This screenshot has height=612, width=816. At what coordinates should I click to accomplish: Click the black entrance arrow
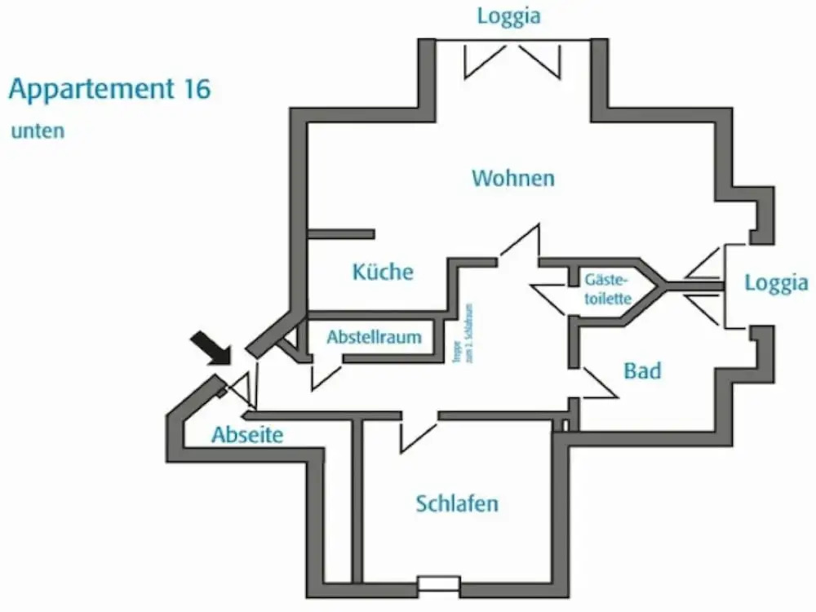pos(211,347)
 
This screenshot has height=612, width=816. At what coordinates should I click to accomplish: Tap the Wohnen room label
pos(513,178)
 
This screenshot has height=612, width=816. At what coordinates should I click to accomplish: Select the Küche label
pos(383,272)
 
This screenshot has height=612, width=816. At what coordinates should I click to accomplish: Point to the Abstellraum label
pos(374,337)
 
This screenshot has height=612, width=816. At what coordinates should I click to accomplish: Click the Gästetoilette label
pos(608,289)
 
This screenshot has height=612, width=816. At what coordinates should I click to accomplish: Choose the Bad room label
pos(642,371)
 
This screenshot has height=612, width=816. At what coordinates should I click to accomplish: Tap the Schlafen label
pos(457,503)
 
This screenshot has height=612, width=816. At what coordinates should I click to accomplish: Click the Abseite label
pos(247,435)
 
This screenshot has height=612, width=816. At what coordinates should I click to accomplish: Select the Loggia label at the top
pos(509,16)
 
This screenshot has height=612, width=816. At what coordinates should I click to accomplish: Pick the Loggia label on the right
pos(776,283)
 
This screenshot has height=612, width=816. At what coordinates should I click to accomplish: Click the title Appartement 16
pos(110,89)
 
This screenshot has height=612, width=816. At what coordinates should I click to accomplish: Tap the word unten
pos(38,131)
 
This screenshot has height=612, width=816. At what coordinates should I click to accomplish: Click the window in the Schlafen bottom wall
pos(438,583)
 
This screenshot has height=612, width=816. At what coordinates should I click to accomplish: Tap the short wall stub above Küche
pos(341,234)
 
